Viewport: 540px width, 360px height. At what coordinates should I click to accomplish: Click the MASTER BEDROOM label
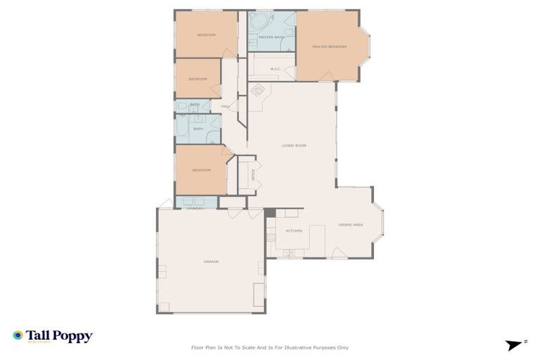329,47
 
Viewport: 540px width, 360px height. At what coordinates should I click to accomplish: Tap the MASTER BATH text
270,37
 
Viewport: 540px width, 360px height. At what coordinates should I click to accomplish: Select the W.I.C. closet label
275,69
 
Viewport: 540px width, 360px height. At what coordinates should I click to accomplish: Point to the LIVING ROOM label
293,146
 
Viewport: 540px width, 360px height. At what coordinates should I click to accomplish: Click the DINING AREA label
350,225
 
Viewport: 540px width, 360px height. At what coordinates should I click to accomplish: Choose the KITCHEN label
293,231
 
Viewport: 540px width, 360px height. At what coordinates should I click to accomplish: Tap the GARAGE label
211,262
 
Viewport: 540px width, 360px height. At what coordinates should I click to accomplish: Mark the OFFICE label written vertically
253,175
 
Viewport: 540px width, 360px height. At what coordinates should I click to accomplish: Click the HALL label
225,107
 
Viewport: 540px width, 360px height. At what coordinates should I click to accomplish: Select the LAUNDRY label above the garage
195,208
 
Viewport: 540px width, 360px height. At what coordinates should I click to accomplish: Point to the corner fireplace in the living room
257,91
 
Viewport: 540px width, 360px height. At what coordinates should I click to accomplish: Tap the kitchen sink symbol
288,252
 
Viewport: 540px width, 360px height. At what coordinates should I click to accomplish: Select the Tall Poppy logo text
59,336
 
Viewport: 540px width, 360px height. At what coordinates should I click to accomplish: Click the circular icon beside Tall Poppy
18,335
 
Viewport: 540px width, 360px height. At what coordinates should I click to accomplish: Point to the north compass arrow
515,345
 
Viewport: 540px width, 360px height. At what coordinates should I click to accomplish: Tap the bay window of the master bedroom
366,46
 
